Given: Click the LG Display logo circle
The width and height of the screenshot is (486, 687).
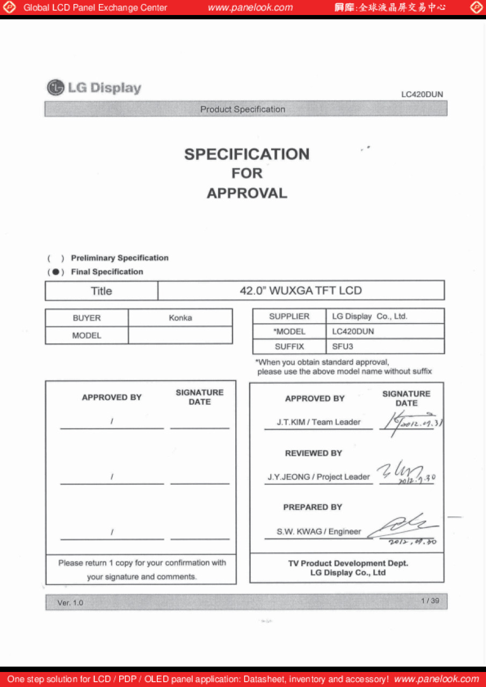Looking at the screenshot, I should tap(56, 87).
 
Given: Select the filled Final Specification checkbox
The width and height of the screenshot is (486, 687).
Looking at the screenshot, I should tap(56, 272).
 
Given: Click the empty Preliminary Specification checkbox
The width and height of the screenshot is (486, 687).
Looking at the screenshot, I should tap(56, 258).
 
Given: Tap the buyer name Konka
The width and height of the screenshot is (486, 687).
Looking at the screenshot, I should tap(180, 318).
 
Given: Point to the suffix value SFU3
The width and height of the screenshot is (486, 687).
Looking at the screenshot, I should tap(343, 347).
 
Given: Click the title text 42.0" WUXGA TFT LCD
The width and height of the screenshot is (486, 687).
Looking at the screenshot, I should tap(301, 291).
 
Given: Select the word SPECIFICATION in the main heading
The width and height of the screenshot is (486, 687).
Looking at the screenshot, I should tap(246, 155).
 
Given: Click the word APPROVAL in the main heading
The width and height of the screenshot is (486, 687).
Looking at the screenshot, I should tap(246, 193).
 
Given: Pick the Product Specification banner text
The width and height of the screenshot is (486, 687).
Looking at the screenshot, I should tap(243, 109).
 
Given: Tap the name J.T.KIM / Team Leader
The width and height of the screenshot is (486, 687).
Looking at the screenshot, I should tap(318, 422).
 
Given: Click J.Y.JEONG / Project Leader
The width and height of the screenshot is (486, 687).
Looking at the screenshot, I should tap(318, 477).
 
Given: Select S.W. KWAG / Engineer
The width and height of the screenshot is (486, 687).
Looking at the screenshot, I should tap(318, 532).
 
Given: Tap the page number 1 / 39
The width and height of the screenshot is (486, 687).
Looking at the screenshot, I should tap(430, 601).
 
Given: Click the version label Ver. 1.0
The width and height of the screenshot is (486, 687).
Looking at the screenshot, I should tap(70, 603).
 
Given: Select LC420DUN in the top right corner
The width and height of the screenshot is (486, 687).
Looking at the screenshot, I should tap(422, 94).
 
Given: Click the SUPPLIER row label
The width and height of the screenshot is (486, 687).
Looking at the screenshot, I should tap(289, 317).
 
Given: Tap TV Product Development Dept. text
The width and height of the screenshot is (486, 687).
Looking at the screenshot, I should tap(348, 564).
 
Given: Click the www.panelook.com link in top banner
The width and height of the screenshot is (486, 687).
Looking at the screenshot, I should tap(250, 8).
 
